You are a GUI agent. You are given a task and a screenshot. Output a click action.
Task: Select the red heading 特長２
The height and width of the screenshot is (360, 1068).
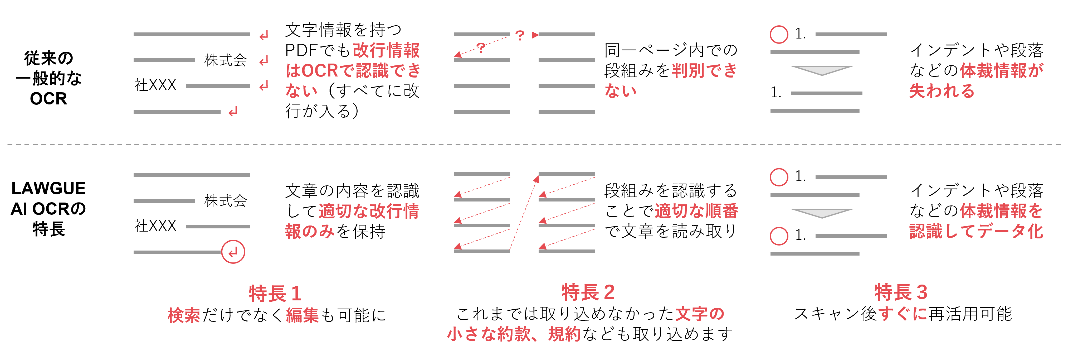click(588, 292)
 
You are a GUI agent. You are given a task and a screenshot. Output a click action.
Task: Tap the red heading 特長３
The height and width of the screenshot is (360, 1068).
click(901, 292)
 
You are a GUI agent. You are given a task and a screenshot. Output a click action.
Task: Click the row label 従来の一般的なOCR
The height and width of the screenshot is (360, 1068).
click(48, 78)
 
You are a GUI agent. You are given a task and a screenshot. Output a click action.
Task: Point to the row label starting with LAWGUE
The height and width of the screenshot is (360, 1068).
click(48, 209)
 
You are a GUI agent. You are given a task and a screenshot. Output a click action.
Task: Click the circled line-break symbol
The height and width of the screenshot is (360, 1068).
click(233, 252)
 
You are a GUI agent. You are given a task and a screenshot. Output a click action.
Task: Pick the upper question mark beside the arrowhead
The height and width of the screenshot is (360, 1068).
click(520, 35)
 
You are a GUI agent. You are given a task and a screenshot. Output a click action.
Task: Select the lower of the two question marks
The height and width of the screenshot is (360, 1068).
click(481, 48)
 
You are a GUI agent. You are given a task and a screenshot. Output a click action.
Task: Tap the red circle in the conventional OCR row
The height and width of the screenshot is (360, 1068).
click(779, 35)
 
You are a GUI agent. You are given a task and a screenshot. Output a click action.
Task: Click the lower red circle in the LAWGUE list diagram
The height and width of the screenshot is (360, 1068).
click(779, 236)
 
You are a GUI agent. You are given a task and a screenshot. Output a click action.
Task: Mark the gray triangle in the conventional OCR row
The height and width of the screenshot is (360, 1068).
click(822, 70)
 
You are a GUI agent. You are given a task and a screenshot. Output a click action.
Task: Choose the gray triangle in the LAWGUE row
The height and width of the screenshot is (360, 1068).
click(822, 213)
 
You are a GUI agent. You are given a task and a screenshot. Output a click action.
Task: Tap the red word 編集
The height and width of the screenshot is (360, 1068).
click(303, 315)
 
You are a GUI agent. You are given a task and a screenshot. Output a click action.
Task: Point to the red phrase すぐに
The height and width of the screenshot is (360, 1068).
click(903, 314)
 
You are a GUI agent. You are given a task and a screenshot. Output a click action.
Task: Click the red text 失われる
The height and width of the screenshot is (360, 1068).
click(942, 91)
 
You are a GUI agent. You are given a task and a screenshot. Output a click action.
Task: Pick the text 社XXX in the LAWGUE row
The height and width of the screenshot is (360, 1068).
click(155, 226)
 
